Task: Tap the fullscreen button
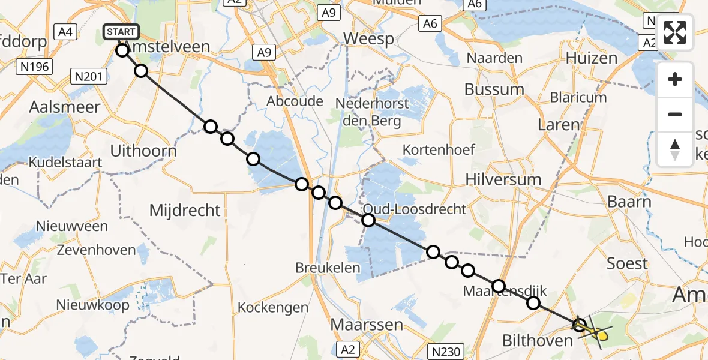coord(675,32)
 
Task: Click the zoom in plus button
coord(675,79)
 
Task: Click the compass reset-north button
coord(675,149)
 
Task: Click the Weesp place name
coord(368,40)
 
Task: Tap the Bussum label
coord(494,89)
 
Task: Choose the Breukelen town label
coord(327,268)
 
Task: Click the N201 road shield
coord(89,76)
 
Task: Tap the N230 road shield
coord(446,349)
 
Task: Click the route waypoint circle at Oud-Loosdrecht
coord(368,220)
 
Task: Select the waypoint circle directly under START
coord(122,50)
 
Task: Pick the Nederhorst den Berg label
coord(368,112)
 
